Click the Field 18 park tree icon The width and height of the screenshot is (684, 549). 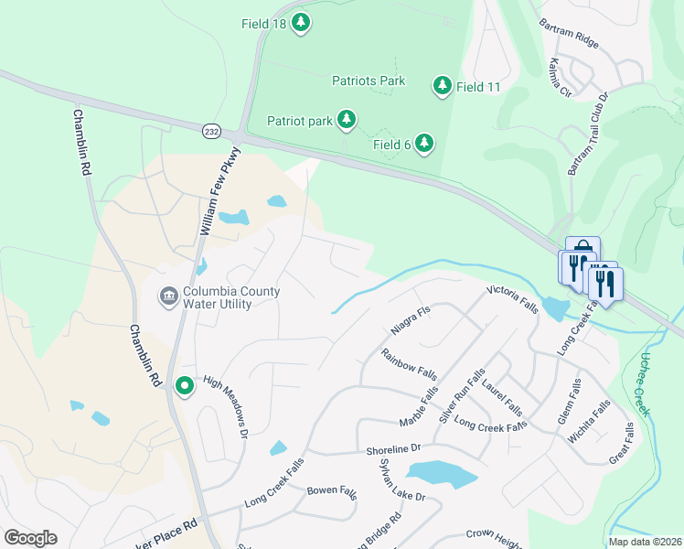(x=301, y=22)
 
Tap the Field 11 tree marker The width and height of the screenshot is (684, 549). (x=443, y=86)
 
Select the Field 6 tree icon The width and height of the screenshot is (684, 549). (x=423, y=143)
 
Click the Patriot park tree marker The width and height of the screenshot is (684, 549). (x=346, y=119)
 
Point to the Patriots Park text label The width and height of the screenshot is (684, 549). (x=369, y=81)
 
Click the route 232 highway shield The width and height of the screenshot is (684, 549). (x=211, y=132)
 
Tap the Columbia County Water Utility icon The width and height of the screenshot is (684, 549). (x=168, y=296)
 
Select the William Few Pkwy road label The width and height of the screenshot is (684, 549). (x=219, y=193)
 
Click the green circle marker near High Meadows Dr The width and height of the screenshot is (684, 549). (x=185, y=387)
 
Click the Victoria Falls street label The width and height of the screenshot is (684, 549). (x=512, y=299)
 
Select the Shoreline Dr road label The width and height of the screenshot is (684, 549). (x=392, y=448)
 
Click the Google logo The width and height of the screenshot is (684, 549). (x=30, y=538)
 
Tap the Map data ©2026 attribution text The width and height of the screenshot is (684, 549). (x=644, y=542)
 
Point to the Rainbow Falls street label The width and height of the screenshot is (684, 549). (x=410, y=366)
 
